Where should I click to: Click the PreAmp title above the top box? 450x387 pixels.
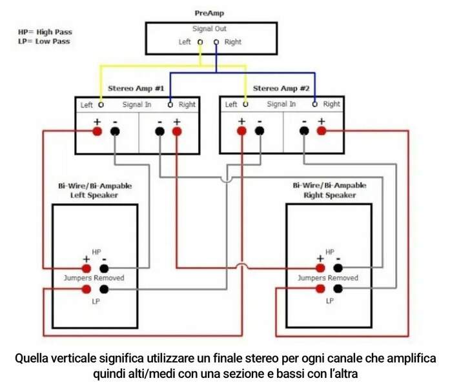click(210, 13)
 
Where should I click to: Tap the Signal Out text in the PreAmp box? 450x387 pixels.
click(209, 29)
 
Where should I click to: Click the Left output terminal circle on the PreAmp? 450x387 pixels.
click(200, 43)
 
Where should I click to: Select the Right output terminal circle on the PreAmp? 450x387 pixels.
click(216, 43)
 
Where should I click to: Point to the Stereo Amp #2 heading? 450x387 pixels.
click(281, 88)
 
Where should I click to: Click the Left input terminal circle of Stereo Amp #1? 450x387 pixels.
click(101, 104)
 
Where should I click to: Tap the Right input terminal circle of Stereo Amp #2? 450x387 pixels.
click(315, 104)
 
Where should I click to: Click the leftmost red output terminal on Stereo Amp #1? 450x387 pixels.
click(97, 132)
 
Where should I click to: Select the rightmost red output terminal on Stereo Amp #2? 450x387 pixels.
click(321, 132)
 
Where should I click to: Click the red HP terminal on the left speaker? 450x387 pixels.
click(87, 268)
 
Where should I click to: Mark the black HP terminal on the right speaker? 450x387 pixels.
click(337, 268)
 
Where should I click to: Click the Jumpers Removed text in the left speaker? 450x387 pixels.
click(94, 278)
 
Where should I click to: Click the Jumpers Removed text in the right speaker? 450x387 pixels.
click(327, 278)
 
